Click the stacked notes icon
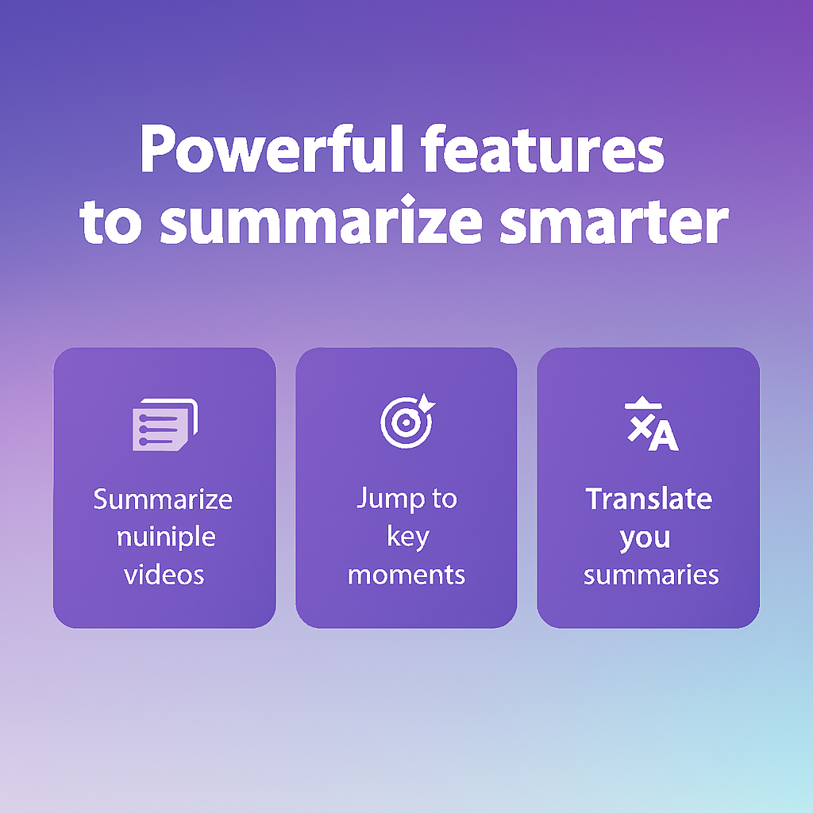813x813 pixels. click(x=164, y=423)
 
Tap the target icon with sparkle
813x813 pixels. click(x=406, y=421)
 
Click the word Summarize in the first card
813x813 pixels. click(x=163, y=499)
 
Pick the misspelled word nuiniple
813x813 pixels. click(x=165, y=537)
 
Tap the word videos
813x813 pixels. click(x=164, y=574)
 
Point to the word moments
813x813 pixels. click(x=406, y=574)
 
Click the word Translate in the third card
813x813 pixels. click(x=649, y=499)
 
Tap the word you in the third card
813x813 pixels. click(x=645, y=538)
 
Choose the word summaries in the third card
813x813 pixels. click(x=651, y=574)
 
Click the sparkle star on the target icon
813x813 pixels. click(x=426, y=403)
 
